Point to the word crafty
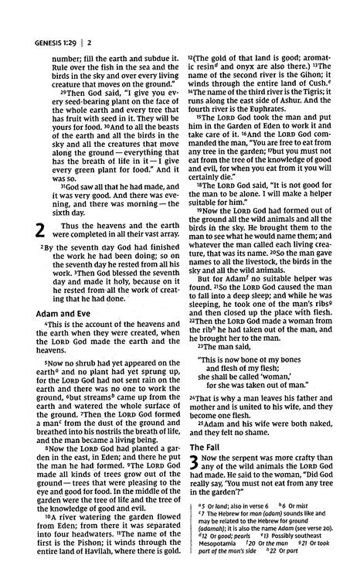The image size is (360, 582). click(312, 460)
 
